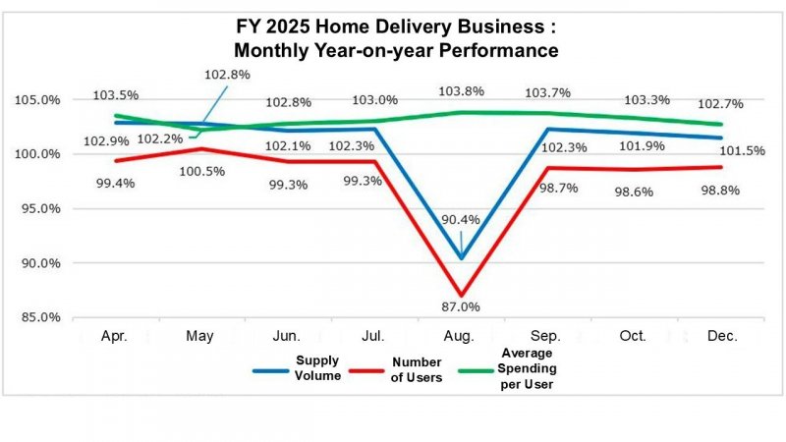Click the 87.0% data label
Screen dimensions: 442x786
461,306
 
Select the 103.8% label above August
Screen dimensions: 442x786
461,90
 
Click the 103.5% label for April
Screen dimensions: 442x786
115,95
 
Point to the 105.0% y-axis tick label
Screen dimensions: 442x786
38,100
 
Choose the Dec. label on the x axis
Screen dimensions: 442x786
722,336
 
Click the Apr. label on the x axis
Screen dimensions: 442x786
116,336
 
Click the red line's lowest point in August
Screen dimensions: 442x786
462,292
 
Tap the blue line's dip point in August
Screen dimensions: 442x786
462,258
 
